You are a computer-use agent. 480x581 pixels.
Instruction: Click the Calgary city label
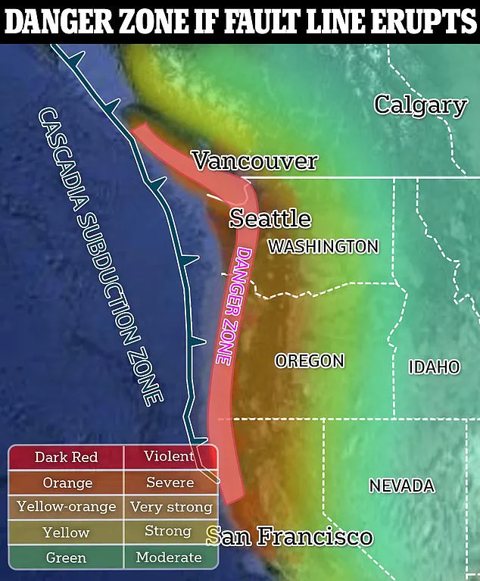click(x=420, y=105)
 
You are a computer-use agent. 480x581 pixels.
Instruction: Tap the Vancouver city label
click(x=254, y=161)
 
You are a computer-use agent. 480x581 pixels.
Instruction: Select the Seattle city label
click(x=270, y=219)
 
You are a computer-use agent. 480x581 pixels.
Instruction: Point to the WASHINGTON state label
click(x=323, y=246)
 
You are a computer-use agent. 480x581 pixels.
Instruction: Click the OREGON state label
click(x=310, y=361)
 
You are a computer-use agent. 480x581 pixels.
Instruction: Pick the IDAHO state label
click(x=434, y=367)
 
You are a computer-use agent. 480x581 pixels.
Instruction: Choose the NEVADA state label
click(x=401, y=486)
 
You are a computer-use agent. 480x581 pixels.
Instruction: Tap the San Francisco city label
click(x=290, y=537)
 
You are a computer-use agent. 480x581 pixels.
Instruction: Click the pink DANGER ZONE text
click(x=233, y=305)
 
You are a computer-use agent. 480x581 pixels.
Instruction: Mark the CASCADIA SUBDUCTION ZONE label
click(x=101, y=258)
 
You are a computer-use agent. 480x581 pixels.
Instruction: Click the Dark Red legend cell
click(x=67, y=458)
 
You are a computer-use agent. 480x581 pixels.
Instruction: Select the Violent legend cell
click(x=170, y=457)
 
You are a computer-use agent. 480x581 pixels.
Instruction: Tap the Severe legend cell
click(x=170, y=483)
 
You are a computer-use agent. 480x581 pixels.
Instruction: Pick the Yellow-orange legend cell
click(x=67, y=507)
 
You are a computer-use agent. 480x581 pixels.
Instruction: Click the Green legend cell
click(x=67, y=558)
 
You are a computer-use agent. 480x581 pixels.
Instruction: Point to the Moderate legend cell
click(x=170, y=558)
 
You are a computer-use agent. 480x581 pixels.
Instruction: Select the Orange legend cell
click(x=67, y=483)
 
